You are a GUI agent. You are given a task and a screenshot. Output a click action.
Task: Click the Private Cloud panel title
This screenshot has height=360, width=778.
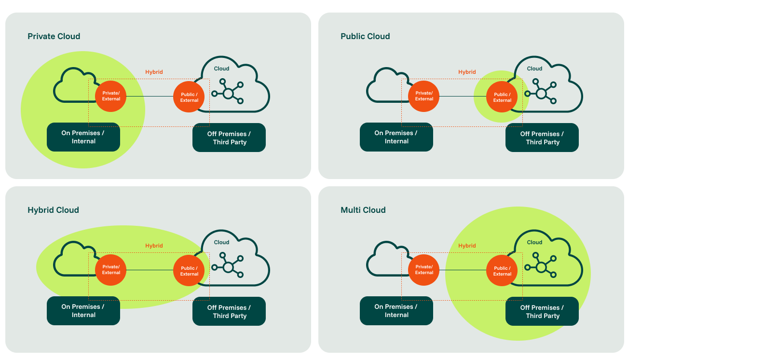pos(54,36)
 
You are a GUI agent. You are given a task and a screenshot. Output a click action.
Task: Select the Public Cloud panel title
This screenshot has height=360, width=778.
pos(365,36)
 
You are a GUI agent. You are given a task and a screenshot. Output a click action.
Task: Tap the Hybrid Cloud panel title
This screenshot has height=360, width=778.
pos(53,210)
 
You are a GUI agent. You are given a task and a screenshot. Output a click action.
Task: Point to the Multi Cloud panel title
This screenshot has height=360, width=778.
pos(363,210)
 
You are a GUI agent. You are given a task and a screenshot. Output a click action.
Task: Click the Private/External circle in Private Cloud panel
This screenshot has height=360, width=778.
pos(111,96)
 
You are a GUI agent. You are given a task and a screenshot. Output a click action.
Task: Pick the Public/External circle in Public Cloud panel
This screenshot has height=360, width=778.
pos(502,97)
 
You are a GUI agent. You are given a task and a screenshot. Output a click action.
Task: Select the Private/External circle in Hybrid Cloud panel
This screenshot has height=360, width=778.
pos(111,270)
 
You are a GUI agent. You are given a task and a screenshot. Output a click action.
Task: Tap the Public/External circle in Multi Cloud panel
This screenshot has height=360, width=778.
pos(502,271)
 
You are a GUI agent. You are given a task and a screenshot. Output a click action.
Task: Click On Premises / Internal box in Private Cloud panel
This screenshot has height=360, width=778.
pos(83,137)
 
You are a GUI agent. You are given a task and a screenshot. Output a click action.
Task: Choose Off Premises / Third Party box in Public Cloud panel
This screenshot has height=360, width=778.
pos(542,138)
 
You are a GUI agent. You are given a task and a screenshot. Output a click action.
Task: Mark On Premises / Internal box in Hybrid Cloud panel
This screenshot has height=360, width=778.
pos(83,311)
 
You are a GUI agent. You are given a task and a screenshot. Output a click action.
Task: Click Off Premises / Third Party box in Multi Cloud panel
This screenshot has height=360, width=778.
pos(542,312)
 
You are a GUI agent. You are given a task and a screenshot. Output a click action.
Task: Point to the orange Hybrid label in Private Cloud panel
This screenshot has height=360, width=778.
pos(154,72)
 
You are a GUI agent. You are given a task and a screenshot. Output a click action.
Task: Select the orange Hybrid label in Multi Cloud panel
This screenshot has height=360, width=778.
pos(467,246)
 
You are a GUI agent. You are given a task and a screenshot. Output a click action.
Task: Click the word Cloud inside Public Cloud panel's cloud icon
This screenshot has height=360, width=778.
pos(534,69)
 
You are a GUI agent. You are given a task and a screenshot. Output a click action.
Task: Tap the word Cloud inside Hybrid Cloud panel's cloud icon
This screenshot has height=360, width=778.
pos(221,242)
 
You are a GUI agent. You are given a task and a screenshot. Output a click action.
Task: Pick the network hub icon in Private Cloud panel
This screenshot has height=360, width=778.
pos(228,92)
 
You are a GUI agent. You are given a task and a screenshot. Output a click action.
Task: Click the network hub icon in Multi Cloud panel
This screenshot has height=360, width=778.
pos(541,266)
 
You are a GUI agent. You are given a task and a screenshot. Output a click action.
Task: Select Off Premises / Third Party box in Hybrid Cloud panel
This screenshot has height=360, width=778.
pos(229,312)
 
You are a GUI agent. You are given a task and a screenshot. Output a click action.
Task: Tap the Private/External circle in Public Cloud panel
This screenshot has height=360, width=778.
pos(424,96)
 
